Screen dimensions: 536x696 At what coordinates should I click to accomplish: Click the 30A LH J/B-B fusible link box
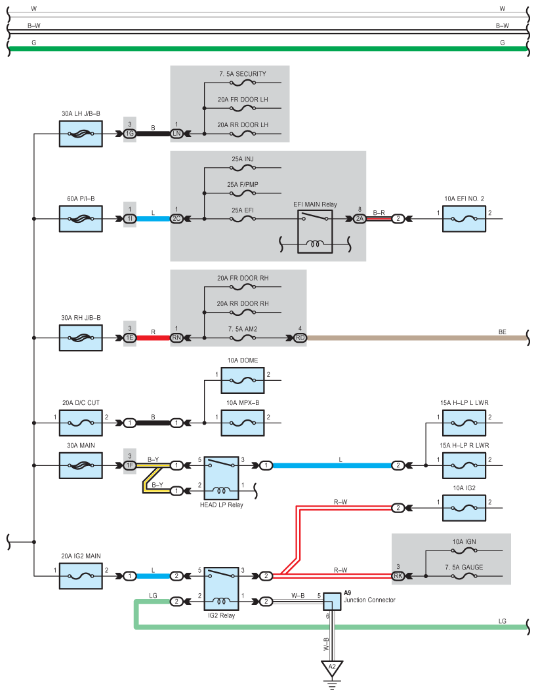point(81,134)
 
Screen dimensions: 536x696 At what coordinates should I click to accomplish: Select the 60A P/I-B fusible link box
point(81,219)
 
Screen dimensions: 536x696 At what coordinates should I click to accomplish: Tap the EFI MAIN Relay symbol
point(315,232)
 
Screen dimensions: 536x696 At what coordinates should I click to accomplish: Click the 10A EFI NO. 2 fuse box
point(464,219)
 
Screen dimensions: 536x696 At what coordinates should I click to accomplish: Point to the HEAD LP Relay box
point(221,478)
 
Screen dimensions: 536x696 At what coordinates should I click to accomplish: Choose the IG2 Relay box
point(221,589)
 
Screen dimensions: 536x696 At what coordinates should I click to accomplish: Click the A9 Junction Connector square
point(332,602)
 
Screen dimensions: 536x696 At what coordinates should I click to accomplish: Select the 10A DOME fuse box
point(243,380)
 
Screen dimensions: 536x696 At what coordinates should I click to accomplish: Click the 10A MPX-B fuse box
point(243,423)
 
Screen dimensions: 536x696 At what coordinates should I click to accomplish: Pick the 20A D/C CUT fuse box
point(81,423)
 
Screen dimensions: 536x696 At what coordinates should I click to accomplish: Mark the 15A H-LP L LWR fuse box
point(464,423)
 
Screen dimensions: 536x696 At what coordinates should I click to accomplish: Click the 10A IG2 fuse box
point(464,509)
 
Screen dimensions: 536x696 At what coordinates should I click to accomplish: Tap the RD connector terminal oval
point(300,338)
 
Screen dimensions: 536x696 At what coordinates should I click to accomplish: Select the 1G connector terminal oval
point(130,134)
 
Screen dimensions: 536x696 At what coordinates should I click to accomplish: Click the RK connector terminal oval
point(398,576)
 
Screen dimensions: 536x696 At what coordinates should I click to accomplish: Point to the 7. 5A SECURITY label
point(243,74)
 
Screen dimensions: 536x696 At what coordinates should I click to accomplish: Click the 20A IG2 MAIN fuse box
point(81,576)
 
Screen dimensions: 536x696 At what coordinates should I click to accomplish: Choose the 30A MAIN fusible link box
point(81,465)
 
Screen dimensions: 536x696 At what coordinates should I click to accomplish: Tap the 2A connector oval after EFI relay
point(360,219)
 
